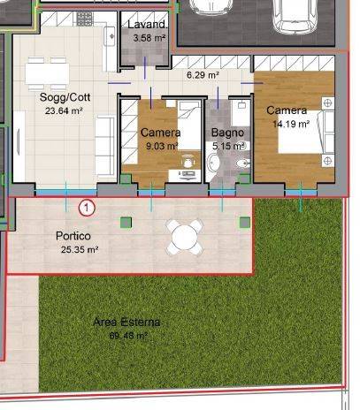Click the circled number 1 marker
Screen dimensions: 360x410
pyautogui.click(x=87, y=208)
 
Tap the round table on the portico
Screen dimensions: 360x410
pyautogui.click(x=185, y=237)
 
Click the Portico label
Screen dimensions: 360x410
pyautogui.click(x=73, y=236)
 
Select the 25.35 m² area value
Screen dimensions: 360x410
pyautogui.click(x=80, y=250)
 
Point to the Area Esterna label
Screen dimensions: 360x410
pyautogui.click(x=126, y=323)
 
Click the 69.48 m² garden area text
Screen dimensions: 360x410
pyautogui.click(x=128, y=336)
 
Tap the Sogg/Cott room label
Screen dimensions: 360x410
pyautogui.click(x=65, y=97)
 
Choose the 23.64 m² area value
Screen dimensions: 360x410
pyautogui.click(x=64, y=111)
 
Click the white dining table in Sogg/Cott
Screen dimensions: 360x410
pyautogui.click(x=47, y=73)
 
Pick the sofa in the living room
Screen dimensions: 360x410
pyautogui.click(x=105, y=147)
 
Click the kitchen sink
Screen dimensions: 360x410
pyautogui.click(x=110, y=36)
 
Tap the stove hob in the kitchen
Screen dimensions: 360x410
pyautogui.click(x=85, y=19)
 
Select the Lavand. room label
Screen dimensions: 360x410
pyautogui.click(x=147, y=25)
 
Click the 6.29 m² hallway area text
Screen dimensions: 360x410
pyautogui.click(x=203, y=75)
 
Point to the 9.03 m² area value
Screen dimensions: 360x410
pyautogui.click(x=162, y=146)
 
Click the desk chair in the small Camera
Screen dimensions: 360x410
pyautogui.click(x=188, y=161)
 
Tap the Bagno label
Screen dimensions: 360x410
pyautogui.click(x=227, y=133)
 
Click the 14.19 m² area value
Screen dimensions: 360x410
pyautogui.click(x=291, y=124)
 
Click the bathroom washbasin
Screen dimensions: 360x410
pyautogui.click(x=214, y=163)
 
